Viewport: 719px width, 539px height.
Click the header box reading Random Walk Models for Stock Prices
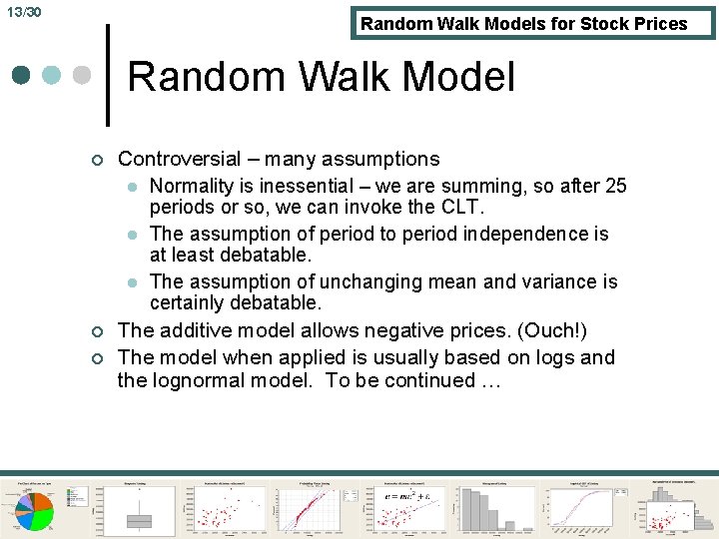533,23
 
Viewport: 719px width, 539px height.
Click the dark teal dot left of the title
22,76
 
